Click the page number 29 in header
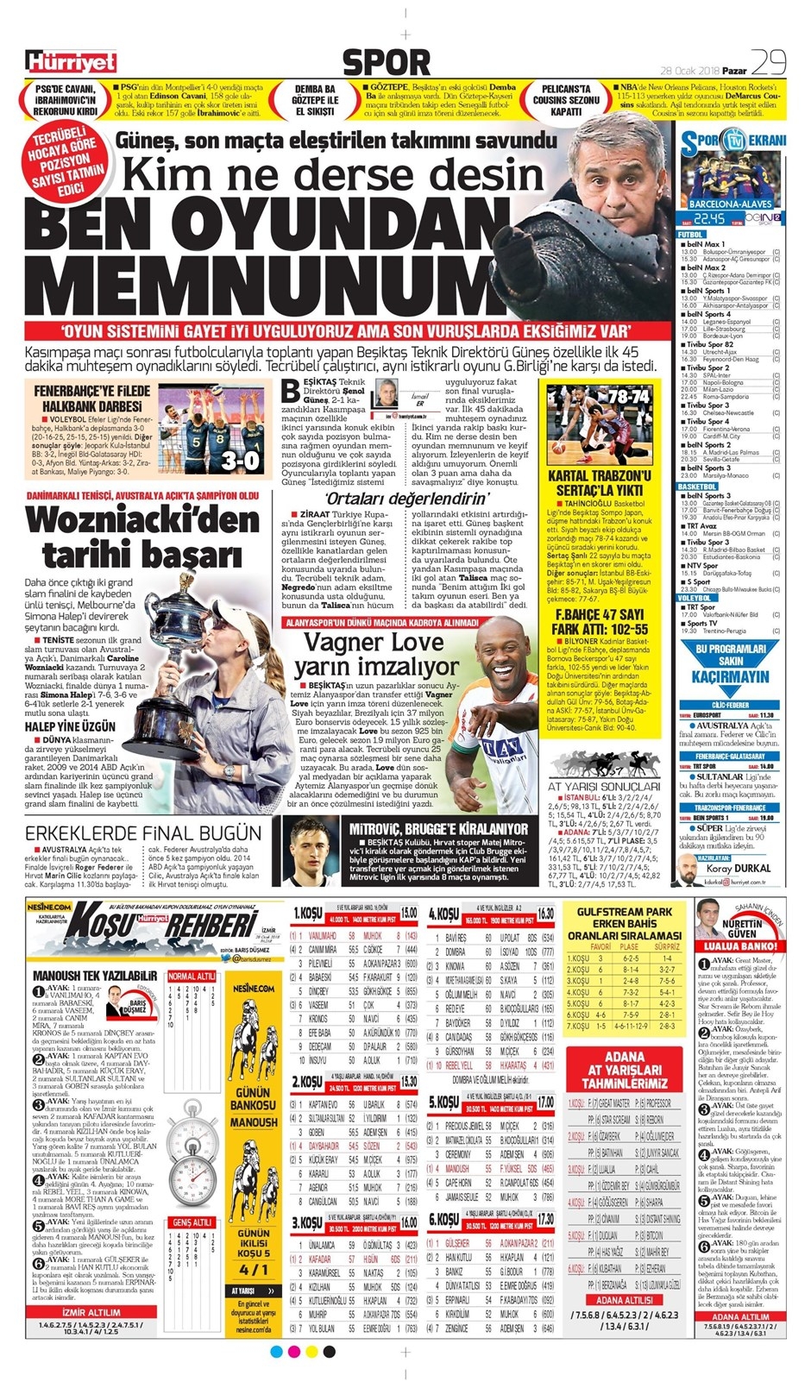click(767, 62)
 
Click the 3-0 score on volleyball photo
click(239, 460)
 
